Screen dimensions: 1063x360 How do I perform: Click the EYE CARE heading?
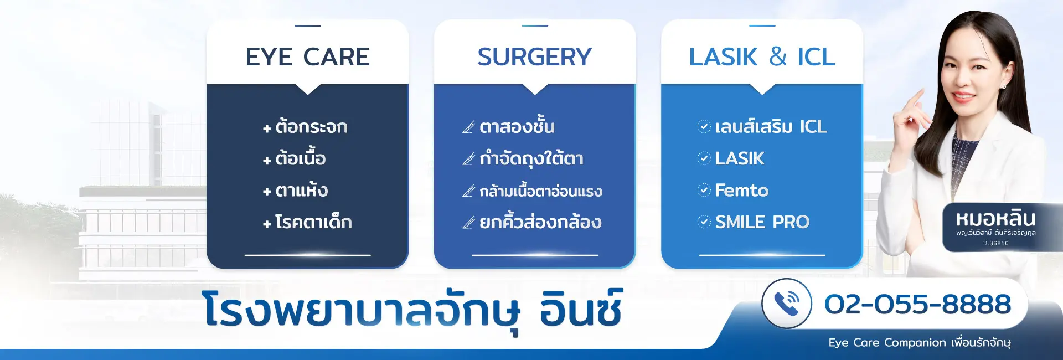307,56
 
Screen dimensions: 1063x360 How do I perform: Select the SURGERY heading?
535,56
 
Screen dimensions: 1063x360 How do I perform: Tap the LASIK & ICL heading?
762,56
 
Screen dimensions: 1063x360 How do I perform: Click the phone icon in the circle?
787,304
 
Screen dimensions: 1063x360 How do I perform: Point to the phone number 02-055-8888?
917,304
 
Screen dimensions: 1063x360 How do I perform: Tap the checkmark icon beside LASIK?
704,158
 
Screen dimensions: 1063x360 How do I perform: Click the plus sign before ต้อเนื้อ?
267,161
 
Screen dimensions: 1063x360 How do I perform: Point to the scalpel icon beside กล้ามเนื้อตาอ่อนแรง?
469,191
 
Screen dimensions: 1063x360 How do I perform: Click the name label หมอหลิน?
995,219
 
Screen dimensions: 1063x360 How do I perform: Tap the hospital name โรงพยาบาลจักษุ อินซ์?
412,310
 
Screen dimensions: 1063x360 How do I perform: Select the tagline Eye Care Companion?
887,343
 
